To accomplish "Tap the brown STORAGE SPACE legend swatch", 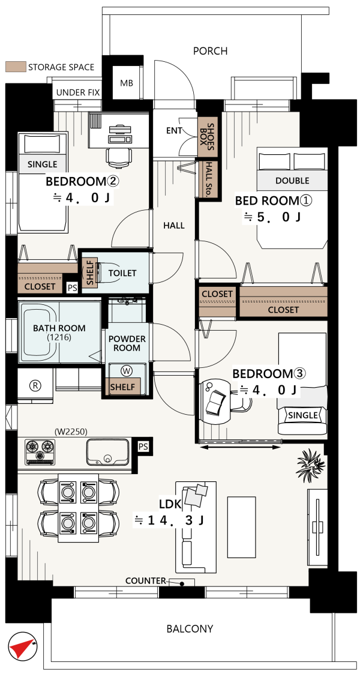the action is click(14, 67).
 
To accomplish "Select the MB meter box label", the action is click(127, 82).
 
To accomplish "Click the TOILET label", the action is click(122, 273).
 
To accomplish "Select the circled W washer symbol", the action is click(127, 370).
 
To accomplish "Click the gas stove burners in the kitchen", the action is click(40, 452).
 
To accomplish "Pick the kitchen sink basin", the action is click(107, 452).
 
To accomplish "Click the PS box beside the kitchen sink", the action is click(143, 447).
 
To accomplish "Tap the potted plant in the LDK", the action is click(310, 465).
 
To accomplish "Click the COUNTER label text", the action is click(145, 581).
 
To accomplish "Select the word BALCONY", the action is click(190, 628).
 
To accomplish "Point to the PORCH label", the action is click(210, 52).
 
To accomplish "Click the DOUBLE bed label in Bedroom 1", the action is click(292, 181).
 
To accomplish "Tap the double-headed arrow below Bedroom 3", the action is click(241, 448).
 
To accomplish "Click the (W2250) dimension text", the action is click(71, 430).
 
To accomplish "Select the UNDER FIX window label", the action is click(78, 92).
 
